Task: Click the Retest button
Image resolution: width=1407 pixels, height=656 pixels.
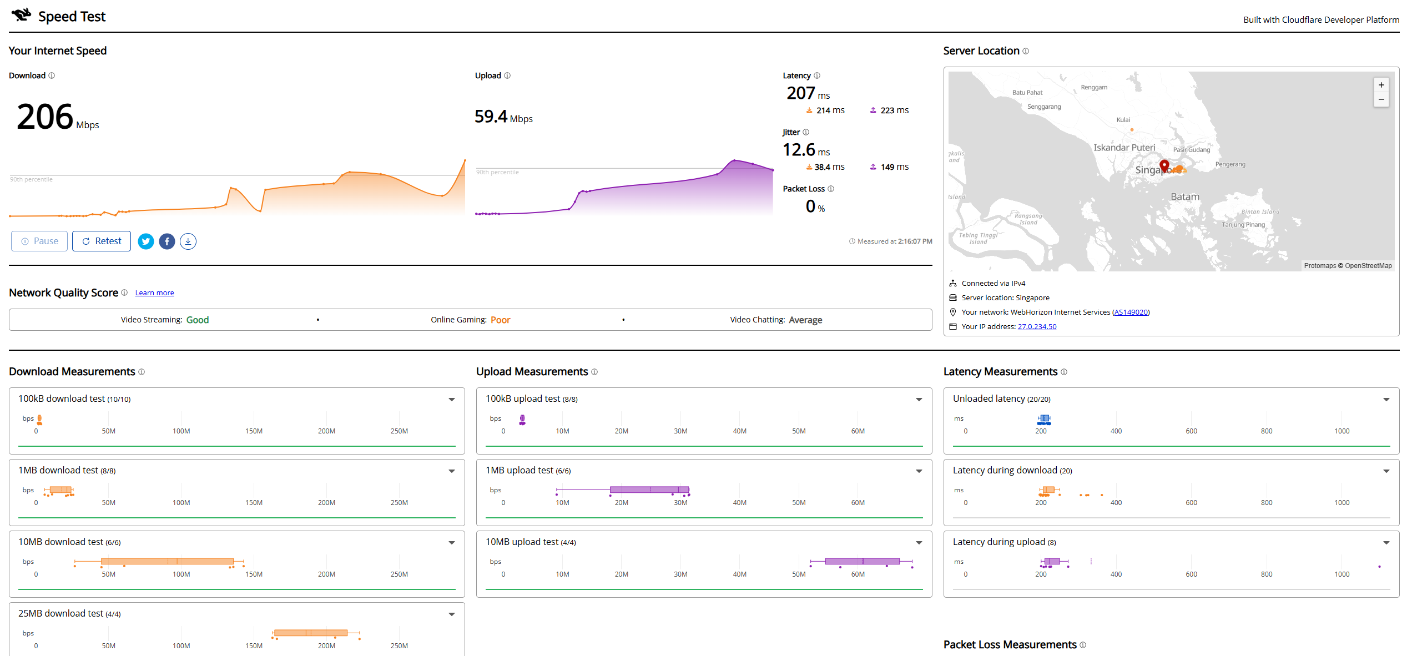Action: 102,241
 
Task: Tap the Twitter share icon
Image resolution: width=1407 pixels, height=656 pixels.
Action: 146,241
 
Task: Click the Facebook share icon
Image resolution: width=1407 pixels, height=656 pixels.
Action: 167,241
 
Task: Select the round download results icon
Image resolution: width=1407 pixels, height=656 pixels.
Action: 188,241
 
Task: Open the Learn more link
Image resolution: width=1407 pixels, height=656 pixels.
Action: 154,293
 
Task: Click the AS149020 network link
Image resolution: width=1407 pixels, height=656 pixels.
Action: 1131,312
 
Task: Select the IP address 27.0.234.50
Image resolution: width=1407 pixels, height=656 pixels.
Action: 1037,327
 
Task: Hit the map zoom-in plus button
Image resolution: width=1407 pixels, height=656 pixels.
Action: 1381,85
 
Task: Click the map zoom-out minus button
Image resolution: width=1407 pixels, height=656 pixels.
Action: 1381,100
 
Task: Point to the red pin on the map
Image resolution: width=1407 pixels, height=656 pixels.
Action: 1164,166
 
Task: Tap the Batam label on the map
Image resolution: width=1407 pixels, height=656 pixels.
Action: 1185,197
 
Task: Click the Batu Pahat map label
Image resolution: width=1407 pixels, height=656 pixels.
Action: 1027,93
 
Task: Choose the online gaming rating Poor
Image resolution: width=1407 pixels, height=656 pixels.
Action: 500,320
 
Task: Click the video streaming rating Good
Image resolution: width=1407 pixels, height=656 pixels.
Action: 198,320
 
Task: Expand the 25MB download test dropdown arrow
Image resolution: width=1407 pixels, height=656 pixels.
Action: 452,614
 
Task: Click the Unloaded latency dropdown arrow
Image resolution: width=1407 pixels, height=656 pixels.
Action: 1386,400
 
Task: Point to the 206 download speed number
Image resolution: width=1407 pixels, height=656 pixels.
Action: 45,117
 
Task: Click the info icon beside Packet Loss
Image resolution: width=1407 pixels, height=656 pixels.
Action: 831,189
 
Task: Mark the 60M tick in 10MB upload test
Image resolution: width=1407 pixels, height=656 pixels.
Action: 858,574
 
